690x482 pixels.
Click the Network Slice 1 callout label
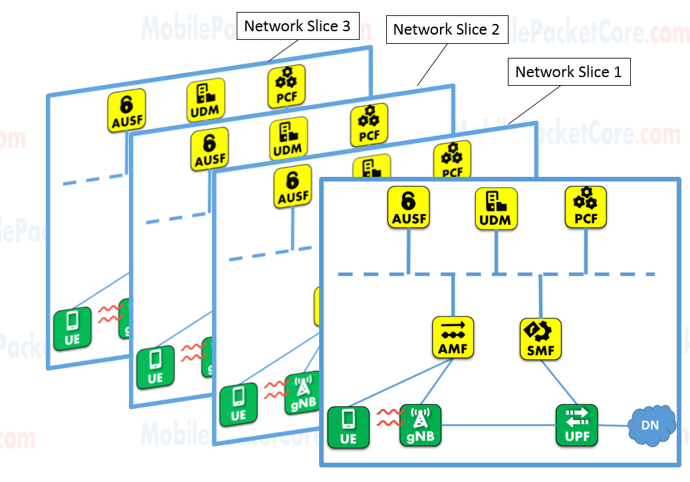coord(568,72)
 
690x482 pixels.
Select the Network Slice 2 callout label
coord(446,30)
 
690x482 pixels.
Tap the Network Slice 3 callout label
coord(298,27)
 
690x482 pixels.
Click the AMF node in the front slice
coord(453,337)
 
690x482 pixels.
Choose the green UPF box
coord(576,425)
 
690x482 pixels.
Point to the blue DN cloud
coord(651,424)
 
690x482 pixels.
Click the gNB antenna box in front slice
coord(421,425)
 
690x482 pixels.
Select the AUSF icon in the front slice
coord(409,207)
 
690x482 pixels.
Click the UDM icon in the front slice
coord(497,207)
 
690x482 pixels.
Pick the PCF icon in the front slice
coord(586,207)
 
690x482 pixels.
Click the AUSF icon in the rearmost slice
coord(126,109)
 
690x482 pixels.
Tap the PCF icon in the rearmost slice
coord(287,85)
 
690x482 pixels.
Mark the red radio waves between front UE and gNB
coord(390,419)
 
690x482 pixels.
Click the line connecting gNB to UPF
coord(499,425)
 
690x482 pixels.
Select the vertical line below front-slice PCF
coord(586,251)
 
